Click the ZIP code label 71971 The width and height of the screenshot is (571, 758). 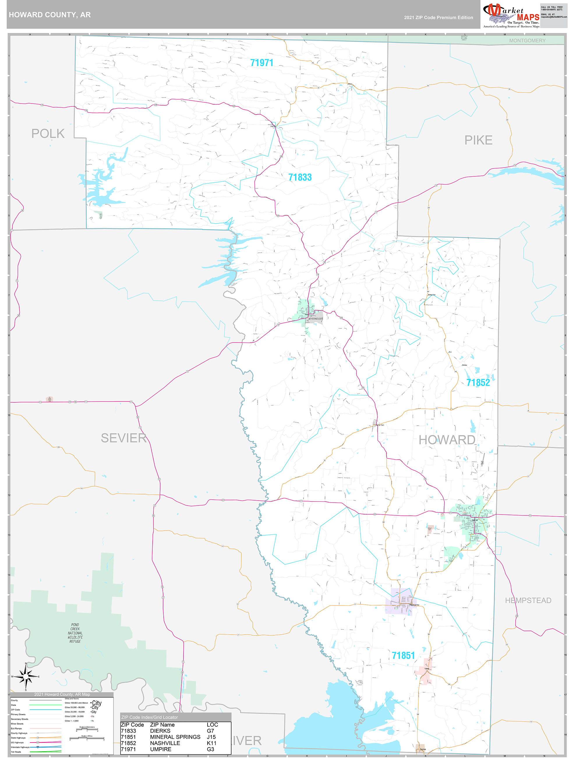[261, 63]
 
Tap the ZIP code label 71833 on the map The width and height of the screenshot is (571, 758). [300, 177]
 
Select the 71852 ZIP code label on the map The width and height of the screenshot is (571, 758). [478, 382]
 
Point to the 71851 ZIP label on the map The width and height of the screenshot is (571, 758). [403, 656]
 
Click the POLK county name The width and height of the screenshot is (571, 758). [48, 134]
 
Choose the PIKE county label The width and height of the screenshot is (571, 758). [478, 140]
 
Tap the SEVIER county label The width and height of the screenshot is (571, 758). [123, 438]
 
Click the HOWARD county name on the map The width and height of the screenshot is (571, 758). [447, 440]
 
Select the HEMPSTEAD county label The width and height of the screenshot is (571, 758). [528, 600]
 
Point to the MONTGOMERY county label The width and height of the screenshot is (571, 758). [527, 41]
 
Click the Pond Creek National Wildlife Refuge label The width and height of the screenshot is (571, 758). [75, 633]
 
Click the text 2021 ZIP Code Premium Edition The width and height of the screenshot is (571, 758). [438, 17]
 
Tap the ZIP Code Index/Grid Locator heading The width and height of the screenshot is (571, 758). [149, 717]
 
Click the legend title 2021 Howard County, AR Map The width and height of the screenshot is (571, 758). [62, 694]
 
